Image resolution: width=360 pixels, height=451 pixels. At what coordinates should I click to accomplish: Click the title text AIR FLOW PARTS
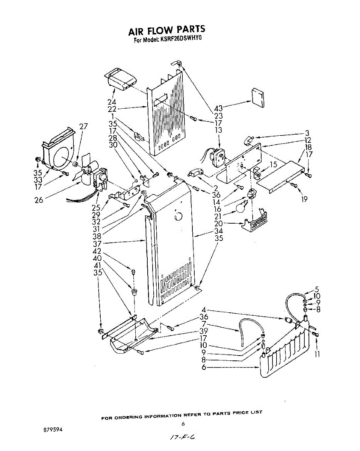click(x=167, y=30)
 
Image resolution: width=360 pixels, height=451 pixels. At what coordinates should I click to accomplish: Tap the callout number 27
click(x=83, y=126)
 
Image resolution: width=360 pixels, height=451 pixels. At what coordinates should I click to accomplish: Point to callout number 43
click(x=218, y=109)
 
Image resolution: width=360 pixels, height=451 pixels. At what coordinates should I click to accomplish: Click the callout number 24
click(x=112, y=102)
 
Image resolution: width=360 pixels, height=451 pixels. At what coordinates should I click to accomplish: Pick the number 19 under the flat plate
click(x=304, y=199)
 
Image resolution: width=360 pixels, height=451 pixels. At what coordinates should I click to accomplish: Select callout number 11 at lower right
click(x=317, y=354)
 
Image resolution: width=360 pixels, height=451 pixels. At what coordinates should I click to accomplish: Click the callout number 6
click(x=204, y=367)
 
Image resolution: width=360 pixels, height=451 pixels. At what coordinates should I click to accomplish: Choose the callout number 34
click(x=219, y=231)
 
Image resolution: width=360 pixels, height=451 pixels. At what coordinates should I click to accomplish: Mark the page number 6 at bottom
click(x=183, y=424)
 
